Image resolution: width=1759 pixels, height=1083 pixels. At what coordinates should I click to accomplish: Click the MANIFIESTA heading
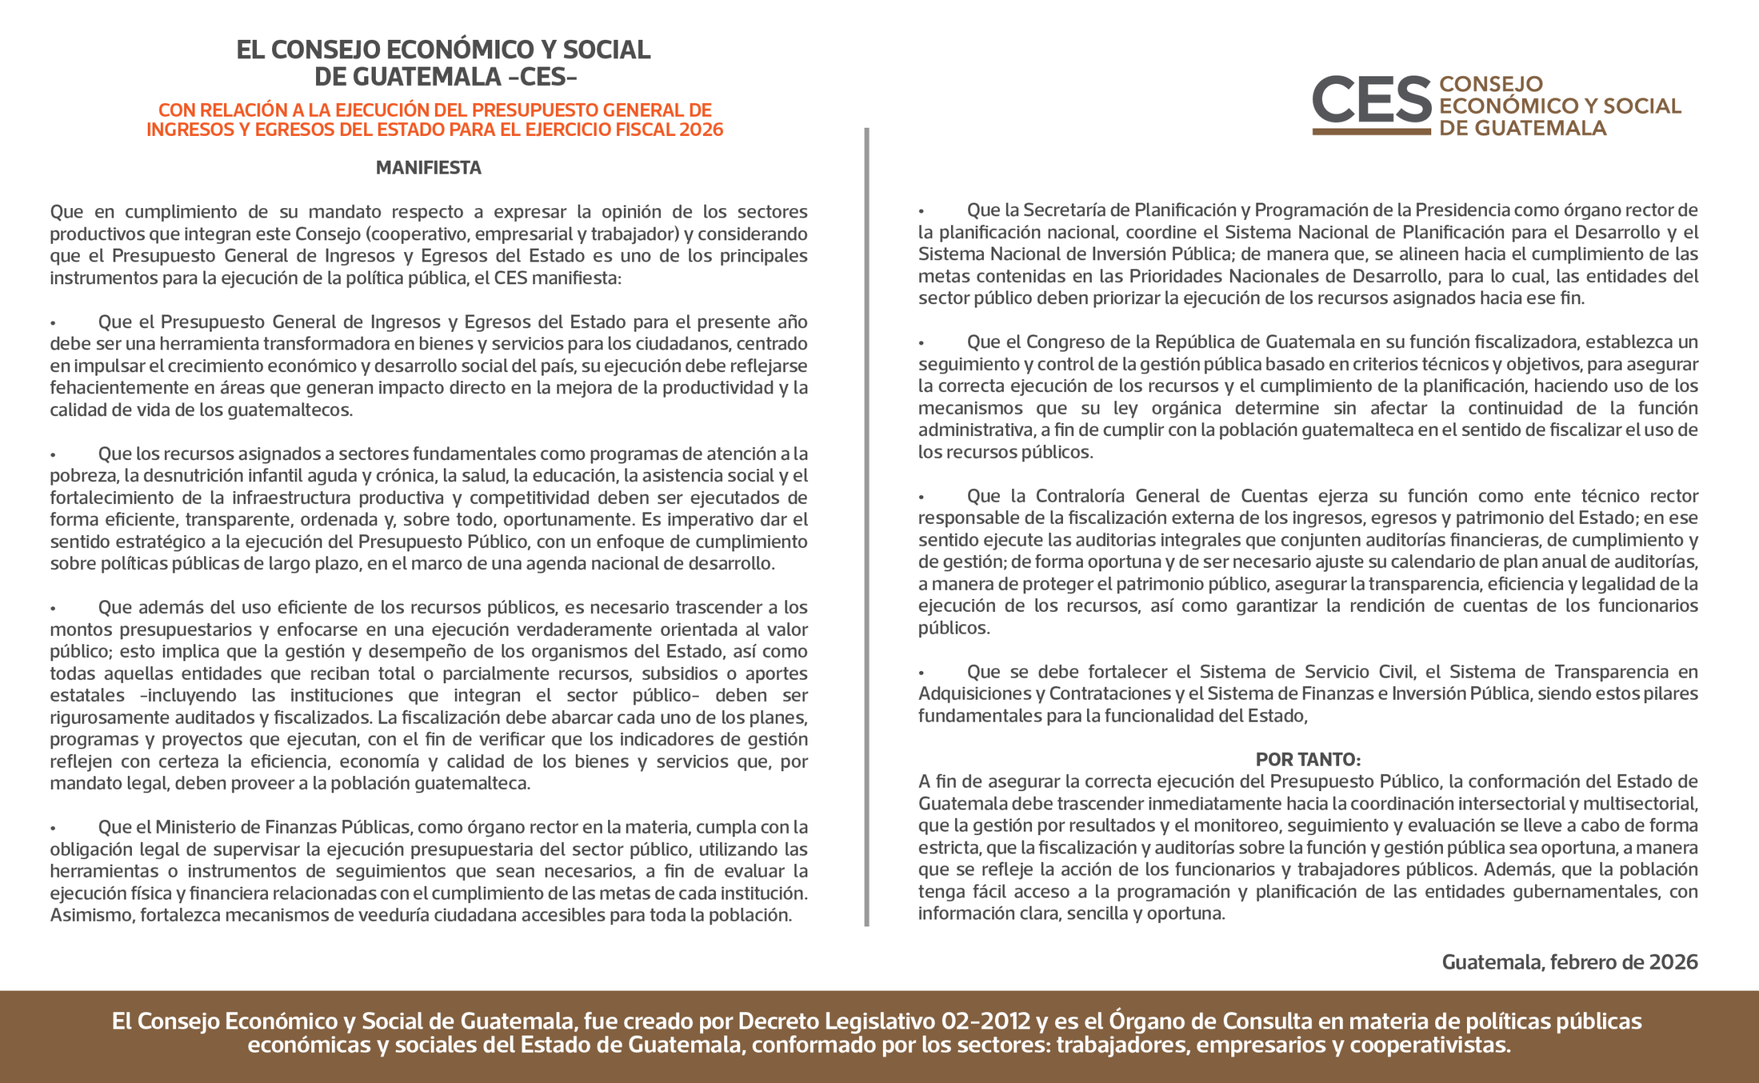coord(429,168)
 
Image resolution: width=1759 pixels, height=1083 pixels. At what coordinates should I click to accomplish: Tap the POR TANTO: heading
coord(1308,760)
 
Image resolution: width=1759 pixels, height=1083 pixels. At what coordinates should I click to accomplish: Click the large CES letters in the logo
coord(1371,100)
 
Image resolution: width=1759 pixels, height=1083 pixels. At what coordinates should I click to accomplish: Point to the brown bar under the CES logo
coord(1371,132)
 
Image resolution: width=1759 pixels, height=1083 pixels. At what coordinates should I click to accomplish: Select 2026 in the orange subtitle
coord(701,130)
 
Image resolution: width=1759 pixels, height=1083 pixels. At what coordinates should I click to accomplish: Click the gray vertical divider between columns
coord(866,527)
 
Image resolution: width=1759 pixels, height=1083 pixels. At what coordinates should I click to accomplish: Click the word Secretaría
coord(1068,210)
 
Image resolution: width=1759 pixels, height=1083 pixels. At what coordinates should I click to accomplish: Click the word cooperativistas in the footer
coord(1429,1045)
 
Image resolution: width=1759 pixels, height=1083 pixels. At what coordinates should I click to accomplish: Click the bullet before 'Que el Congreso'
coord(921,344)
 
